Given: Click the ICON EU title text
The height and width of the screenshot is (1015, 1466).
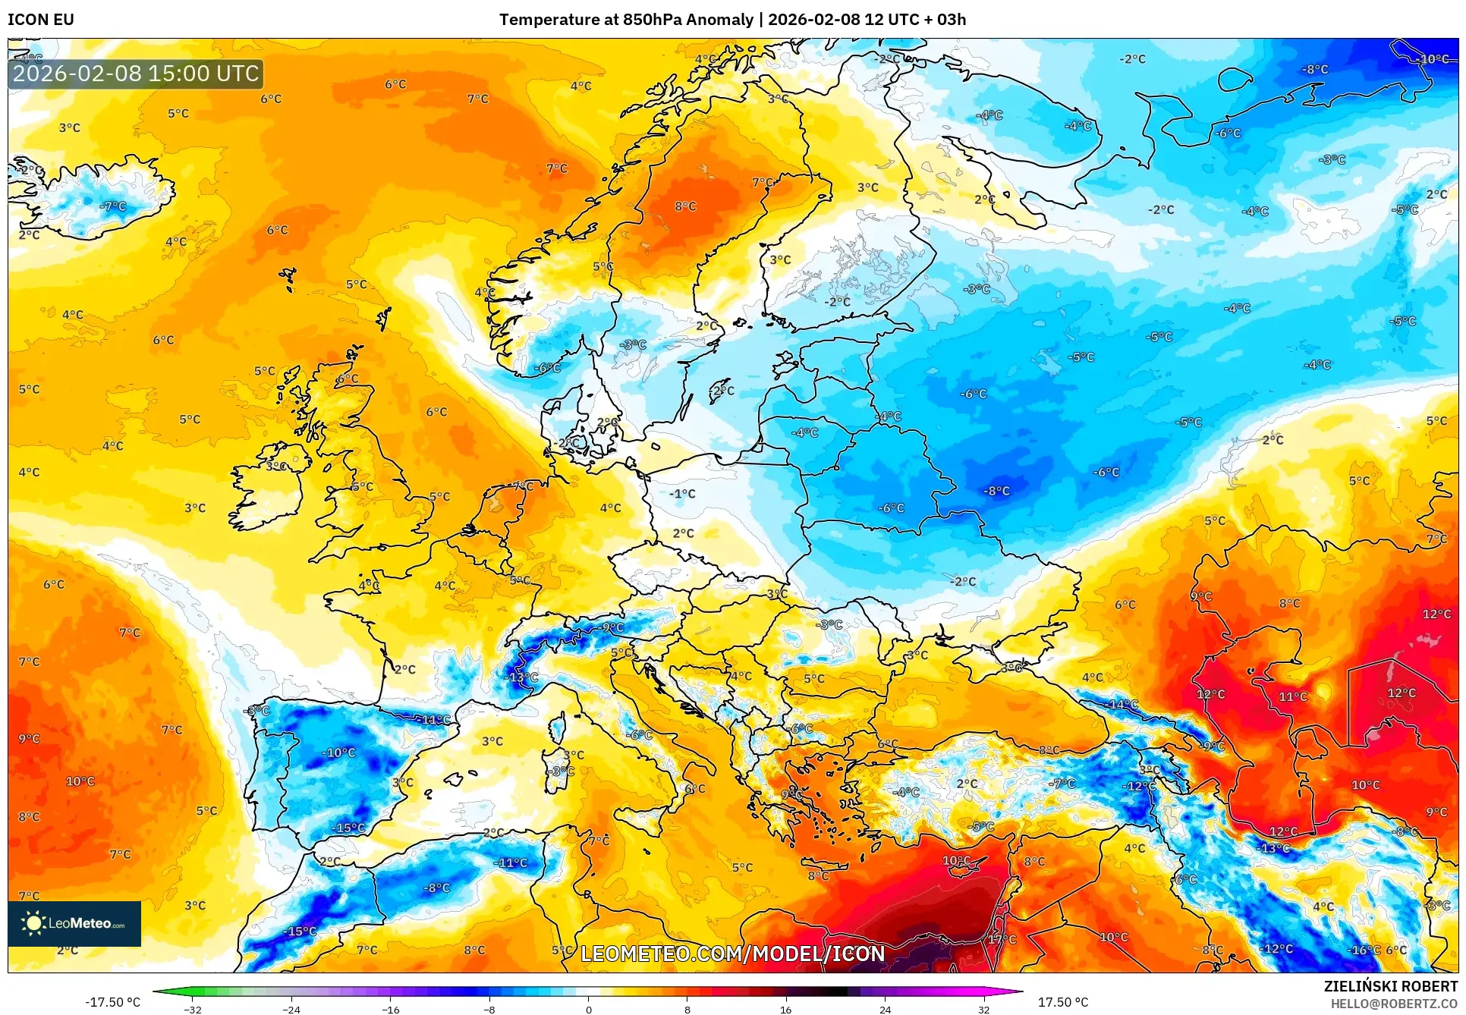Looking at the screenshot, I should click(41, 20).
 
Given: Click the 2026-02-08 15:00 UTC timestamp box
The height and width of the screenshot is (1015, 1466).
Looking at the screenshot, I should click(136, 74).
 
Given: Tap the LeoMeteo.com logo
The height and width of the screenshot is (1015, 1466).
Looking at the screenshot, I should click(74, 923).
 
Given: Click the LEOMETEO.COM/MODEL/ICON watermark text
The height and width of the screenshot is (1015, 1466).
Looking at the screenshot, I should click(732, 954).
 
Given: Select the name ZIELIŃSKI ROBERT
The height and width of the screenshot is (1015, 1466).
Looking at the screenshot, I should click(1390, 986).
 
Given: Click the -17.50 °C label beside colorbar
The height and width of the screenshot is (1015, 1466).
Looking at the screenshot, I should click(112, 1002).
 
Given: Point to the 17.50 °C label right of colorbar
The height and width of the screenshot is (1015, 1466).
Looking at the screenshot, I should click(1062, 1002).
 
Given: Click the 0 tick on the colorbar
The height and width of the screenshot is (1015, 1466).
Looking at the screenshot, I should click(588, 1009).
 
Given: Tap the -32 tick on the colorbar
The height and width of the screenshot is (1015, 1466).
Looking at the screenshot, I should click(193, 1009).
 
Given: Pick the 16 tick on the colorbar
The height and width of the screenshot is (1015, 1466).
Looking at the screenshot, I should click(785, 1009).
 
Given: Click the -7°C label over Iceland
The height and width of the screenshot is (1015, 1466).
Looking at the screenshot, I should click(113, 206).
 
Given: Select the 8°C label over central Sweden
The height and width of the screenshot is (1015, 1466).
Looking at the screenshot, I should click(685, 206).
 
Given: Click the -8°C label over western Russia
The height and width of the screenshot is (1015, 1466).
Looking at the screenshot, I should click(996, 491).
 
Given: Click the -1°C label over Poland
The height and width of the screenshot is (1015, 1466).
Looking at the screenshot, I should click(682, 494).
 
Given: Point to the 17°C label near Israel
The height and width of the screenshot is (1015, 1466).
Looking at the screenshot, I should click(1002, 939).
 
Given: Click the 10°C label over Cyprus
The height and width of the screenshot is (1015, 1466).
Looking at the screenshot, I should click(956, 860).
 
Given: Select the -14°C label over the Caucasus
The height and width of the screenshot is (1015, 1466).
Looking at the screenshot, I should click(1123, 704).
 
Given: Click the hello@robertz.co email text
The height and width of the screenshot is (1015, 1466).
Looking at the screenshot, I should click(1394, 1004).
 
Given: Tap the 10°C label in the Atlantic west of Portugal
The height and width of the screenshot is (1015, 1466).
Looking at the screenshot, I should click(80, 781).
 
